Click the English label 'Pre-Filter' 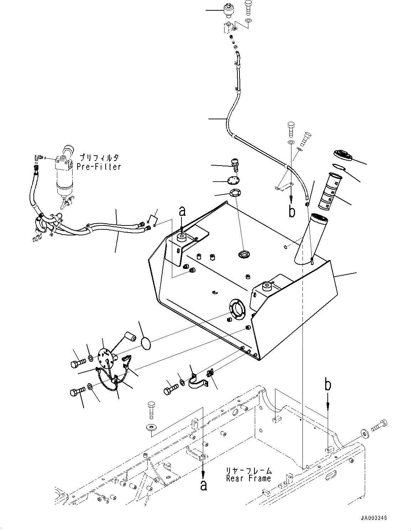[99, 166]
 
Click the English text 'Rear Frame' [248, 479]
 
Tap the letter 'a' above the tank [182, 212]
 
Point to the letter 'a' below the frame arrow [203, 485]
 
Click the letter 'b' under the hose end [292, 212]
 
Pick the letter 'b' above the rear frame [328, 385]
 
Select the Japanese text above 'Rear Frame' [249, 470]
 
